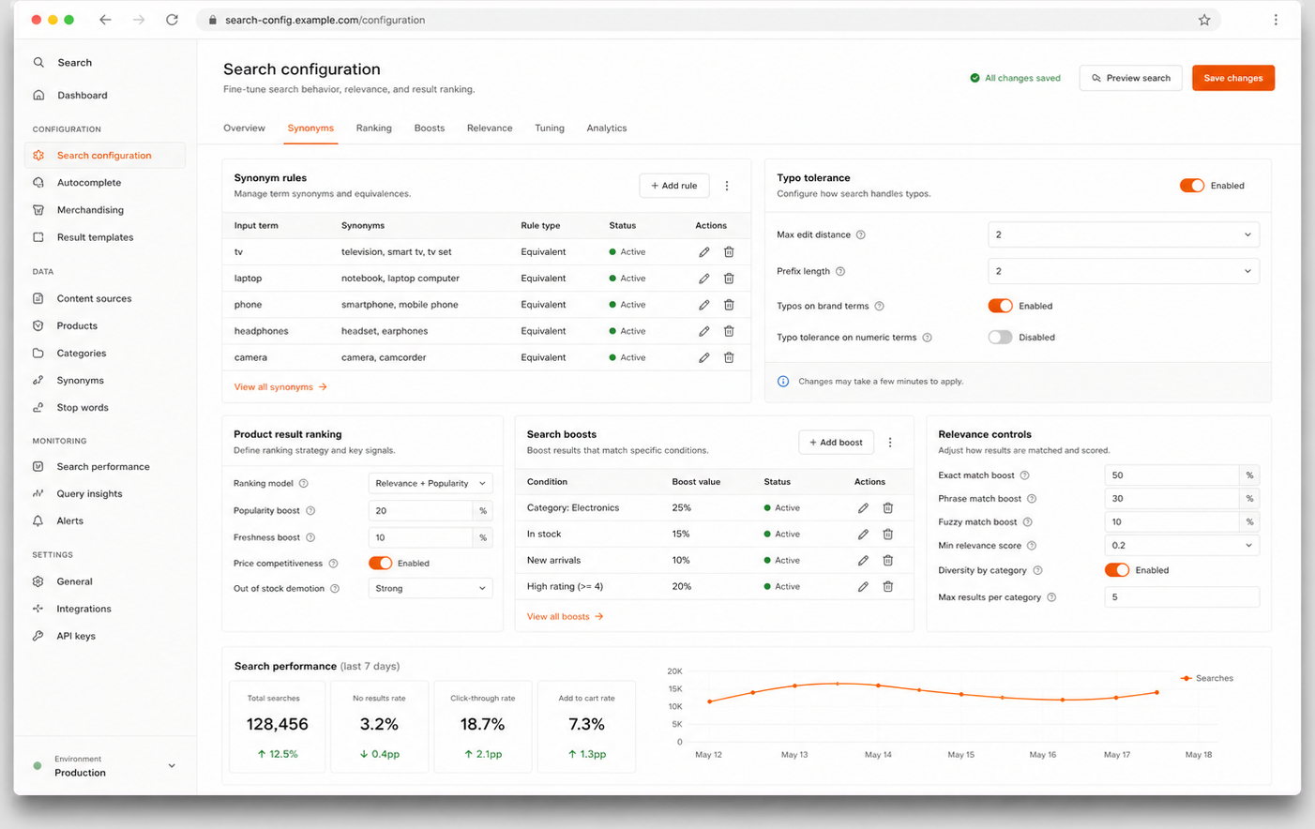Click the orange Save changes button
point(1232,78)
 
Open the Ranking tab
point(373,128)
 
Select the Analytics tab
point(607,128)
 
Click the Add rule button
point(674,186)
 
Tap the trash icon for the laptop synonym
point(729,279)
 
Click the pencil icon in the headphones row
point(703,331)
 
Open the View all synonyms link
point(280,387)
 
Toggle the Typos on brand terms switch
point(1000,306)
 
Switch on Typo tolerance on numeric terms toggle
point(1000,337)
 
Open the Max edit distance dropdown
point(1123,234)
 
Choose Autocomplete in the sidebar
point(89,183)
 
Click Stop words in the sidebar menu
point(83,407)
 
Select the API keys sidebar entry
point(76,636)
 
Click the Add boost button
point(836,442)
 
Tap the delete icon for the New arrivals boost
point(887,560)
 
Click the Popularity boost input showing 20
point(420,511)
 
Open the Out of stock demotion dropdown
point(431,588)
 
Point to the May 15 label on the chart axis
point(960,754)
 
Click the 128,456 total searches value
point(277,724)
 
